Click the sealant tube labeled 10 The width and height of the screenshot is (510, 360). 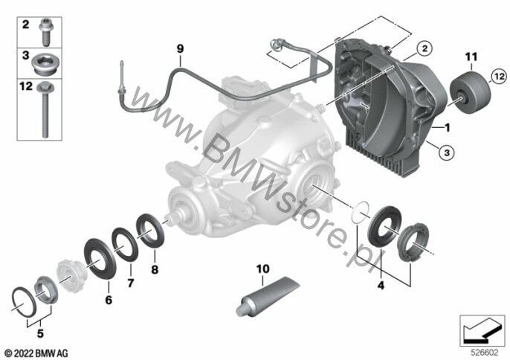coord(267,296)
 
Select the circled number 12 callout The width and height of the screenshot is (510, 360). coord(499,77)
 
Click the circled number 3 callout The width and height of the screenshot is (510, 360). coord(447,152)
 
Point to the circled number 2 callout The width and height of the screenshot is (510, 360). coord(425,49)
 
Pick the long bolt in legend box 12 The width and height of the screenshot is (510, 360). coord(45,109)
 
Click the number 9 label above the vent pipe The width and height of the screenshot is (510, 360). coord(180,49)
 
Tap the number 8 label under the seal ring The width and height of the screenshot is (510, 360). coord(155,269)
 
